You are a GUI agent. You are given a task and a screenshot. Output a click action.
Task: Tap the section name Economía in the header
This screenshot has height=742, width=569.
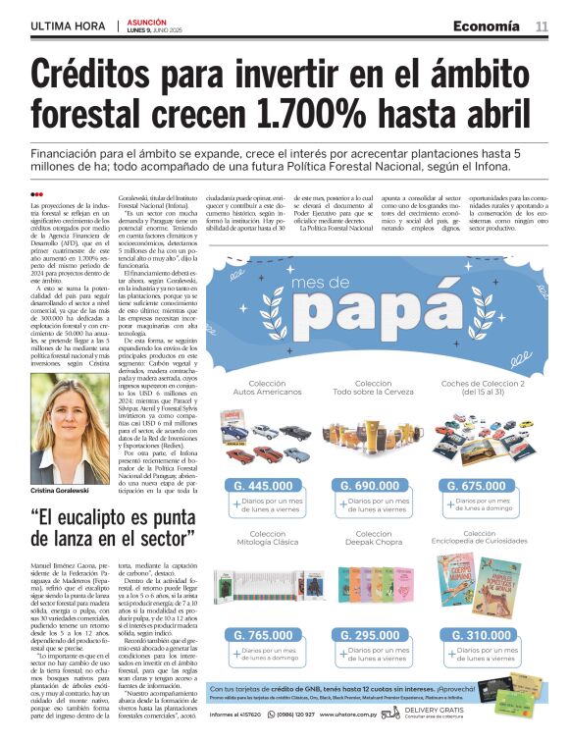click(487, 26)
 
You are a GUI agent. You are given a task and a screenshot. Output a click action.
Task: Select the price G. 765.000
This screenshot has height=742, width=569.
click(264, 635)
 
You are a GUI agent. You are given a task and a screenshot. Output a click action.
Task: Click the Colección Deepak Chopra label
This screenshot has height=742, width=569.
click(372, 540)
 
